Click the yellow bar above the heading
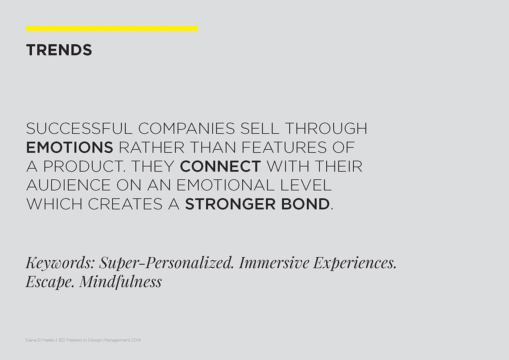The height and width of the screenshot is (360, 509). point(112,28)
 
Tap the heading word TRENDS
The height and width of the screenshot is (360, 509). point(59,50)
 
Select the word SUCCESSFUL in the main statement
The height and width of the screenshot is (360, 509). point(79,128)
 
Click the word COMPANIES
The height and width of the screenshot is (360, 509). point(186,128)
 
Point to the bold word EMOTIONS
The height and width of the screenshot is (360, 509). point(70,147)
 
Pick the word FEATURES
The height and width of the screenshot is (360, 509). point(284,147)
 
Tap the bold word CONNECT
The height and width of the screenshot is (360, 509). point(221,166)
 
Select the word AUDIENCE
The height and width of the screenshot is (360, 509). point(68,185)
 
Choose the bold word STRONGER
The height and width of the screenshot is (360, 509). point(230,204)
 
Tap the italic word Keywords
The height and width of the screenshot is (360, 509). point(60,263)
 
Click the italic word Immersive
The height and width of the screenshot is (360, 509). point(274,263)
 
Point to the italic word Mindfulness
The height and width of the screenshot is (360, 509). point(121,281)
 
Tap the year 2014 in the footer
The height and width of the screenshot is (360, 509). point(136,340)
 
